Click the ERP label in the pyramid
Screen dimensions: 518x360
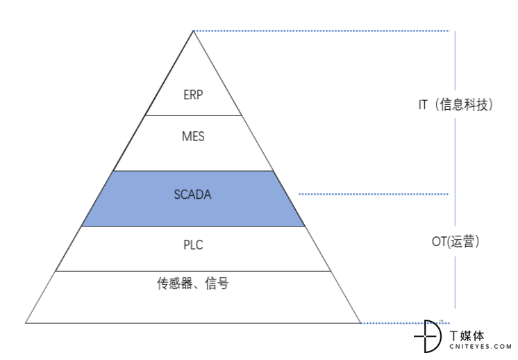point(193,95)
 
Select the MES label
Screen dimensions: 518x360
point(193,136)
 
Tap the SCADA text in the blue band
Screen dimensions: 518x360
point(192,195)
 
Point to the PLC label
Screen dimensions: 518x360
point(193,245)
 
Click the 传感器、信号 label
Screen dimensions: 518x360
point(192,284)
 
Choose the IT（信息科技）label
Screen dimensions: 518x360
point(456,105)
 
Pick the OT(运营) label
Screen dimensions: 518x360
point(456,241)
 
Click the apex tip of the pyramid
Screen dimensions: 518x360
point(193,31)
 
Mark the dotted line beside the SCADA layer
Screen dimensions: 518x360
point(374,194)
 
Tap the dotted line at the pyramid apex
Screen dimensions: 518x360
point(321,31)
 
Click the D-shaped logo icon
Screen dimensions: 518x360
point(428,336)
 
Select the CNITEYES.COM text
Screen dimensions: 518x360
point(481,346)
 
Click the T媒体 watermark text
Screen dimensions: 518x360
point(467,336)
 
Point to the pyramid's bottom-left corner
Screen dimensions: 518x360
point(26,323)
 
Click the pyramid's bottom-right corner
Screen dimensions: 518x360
point(360,323)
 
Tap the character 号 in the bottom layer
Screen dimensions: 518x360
point(223,284)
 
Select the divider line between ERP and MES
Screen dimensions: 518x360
point(193,115)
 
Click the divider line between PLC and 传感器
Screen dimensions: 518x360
point(193,272)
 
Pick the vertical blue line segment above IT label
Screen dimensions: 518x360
point(455,60)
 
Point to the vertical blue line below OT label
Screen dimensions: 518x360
point(455,282)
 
